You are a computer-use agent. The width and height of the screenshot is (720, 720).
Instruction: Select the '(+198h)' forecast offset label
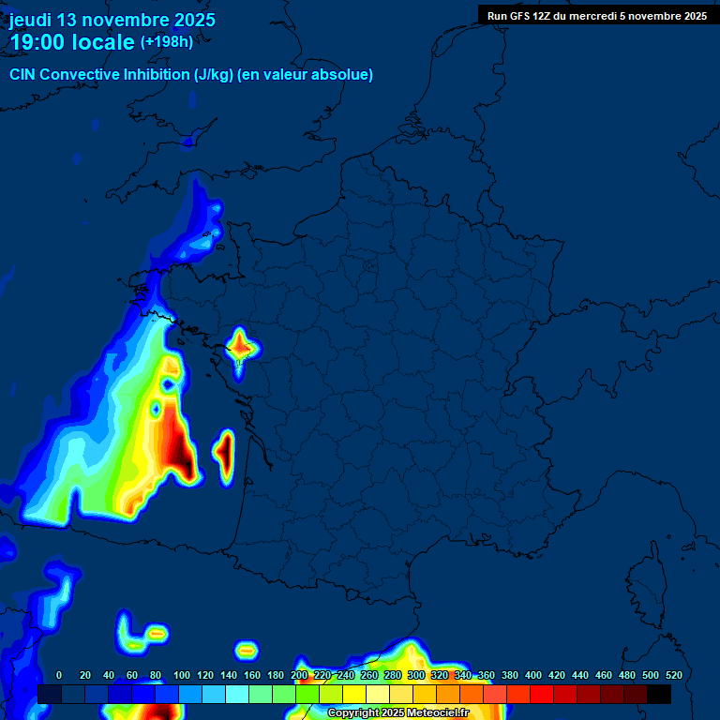[x=167, y=42]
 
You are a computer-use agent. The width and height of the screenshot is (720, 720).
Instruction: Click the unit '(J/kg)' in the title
[x=213, y=75]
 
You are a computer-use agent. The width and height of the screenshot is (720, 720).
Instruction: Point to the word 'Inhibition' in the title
[x=156, y=75]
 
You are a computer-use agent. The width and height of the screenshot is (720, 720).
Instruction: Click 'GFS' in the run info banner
[x=521, y=15]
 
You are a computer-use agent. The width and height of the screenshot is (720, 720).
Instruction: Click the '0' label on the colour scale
[x=59, y=675]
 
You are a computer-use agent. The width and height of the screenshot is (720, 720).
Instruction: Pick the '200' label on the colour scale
[x=299, y=675]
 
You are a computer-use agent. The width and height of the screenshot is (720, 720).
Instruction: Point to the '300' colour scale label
[x=416, y=675]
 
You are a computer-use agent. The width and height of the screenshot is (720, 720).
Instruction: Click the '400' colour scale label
[x=533, y=675]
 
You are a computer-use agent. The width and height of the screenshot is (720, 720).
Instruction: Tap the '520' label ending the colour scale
[x=673, y=675]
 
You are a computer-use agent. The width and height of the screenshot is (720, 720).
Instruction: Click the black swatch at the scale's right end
[x=659, y=694]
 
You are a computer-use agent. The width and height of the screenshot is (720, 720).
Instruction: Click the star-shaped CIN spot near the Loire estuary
[x=240, y=348]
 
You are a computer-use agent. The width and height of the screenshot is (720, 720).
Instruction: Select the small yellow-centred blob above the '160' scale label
[x=247, y=649]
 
